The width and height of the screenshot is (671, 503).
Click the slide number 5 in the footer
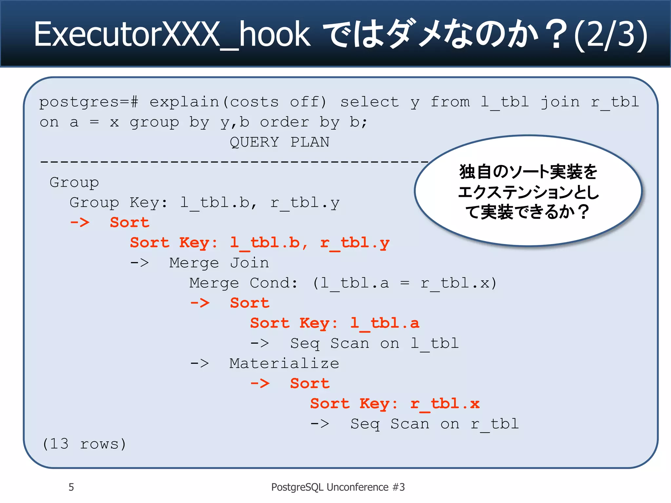(71, 487)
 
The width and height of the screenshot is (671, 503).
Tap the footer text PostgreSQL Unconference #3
(338, 487)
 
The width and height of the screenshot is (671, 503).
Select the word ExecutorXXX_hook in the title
(172, 34)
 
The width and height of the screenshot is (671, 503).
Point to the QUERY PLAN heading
(279, 142)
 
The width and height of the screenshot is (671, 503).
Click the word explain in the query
(184, 102)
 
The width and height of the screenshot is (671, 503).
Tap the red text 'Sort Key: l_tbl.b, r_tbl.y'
(259, 243)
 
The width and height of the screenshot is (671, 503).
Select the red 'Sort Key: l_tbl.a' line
(335, 323)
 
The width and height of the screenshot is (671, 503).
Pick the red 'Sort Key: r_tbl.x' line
(395, 404)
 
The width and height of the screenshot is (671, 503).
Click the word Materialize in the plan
(284, 363)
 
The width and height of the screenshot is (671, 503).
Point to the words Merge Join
(219, 263)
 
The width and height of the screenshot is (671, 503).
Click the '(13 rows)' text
(84, 444)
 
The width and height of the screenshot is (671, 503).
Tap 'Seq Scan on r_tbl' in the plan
(434, 424)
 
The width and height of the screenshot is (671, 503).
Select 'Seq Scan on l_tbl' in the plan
(374, 344)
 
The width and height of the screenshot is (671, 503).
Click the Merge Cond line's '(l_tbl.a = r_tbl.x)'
(405, 283)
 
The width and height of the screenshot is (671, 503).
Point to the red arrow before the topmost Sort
(80, 223)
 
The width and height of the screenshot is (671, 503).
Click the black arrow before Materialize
(200, 363)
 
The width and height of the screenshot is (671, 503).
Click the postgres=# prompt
(89, 102)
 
